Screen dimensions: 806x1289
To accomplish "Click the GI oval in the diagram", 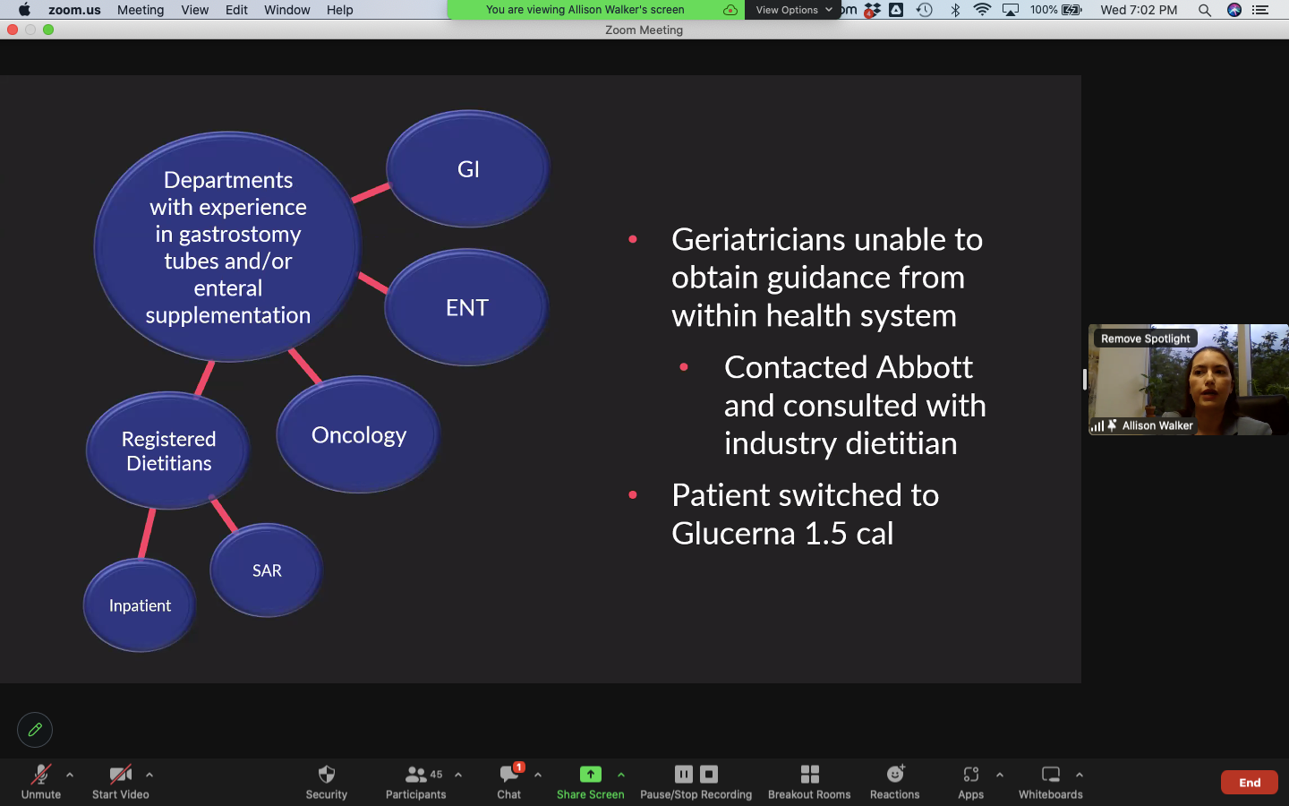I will coord(468,168).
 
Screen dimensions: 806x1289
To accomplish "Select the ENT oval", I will coord(466,307).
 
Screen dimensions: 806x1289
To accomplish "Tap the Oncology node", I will coord(358,434).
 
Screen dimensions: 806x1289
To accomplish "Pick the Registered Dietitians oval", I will coord(168,450).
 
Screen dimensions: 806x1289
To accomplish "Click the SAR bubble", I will coord(267,570).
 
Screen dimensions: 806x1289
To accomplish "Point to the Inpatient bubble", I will coord(140,605).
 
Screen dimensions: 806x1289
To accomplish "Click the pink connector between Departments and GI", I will coord(371,193).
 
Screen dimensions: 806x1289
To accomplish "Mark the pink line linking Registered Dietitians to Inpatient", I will coord(147,533).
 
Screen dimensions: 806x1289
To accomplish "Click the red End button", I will coord(1249,782).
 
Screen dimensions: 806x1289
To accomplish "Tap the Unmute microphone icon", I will coord(40,775).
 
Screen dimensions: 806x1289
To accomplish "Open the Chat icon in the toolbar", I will coord(509,775).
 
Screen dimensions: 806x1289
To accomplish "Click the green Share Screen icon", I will coord(590,775).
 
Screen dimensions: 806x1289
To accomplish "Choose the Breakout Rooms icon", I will coord(809,775).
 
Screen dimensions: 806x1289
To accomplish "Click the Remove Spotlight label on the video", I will coord(1145,339).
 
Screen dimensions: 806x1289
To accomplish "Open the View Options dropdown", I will coord(793,10).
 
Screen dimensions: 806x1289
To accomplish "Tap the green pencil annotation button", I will coord(35,730).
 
